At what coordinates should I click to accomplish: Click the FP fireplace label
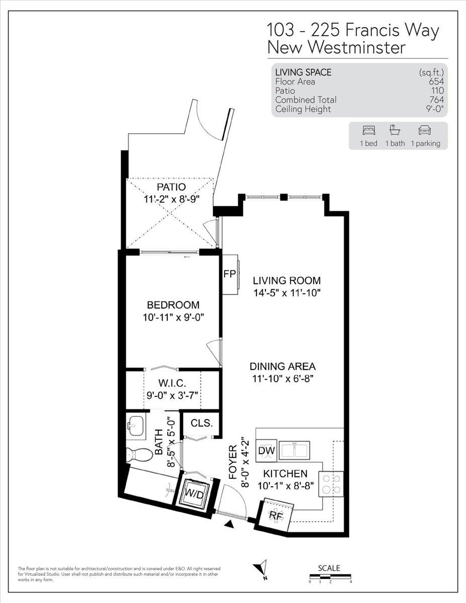click(x=230, y=274)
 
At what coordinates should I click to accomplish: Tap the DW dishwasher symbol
click(x=266, y=451)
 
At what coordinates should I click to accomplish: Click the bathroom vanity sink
click(x=136, y=427)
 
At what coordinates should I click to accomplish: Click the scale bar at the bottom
click(x=330, y=577)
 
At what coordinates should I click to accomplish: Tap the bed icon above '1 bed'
click(x=368, y=131)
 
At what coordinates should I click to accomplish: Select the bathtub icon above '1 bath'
click(x=395, y=131)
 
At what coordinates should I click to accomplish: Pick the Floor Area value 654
click(x=436, y=81)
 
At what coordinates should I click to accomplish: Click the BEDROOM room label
click(x=173, y=305)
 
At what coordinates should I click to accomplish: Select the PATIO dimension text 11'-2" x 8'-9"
click(x=171, y=199)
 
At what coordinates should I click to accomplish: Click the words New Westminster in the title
click(x=336, y=48)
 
